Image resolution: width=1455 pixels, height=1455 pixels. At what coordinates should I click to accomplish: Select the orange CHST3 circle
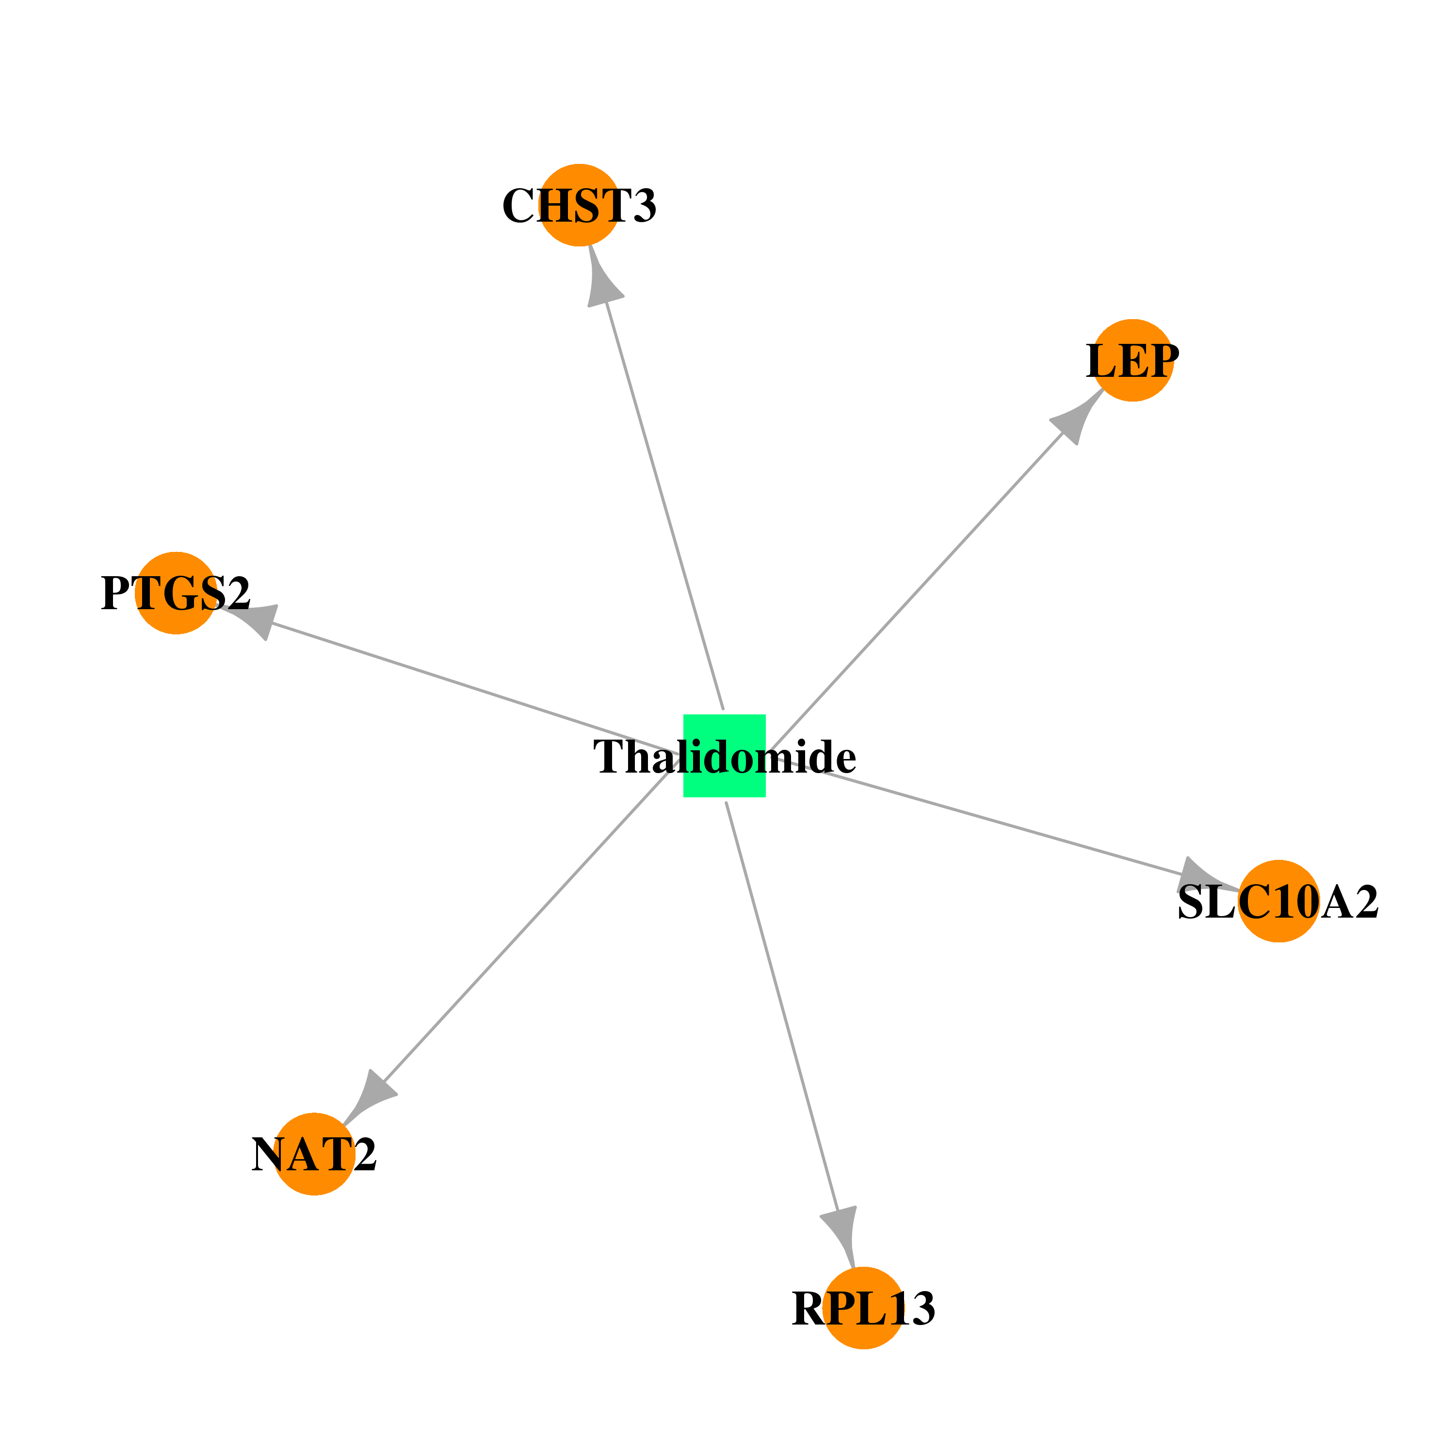point(579,205)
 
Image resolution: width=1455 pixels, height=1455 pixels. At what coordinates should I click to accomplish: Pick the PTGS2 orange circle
point(176,594)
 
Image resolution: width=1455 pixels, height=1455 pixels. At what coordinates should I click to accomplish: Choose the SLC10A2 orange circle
point(1279,901)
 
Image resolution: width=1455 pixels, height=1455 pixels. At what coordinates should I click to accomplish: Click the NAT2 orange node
point(314,1154)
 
